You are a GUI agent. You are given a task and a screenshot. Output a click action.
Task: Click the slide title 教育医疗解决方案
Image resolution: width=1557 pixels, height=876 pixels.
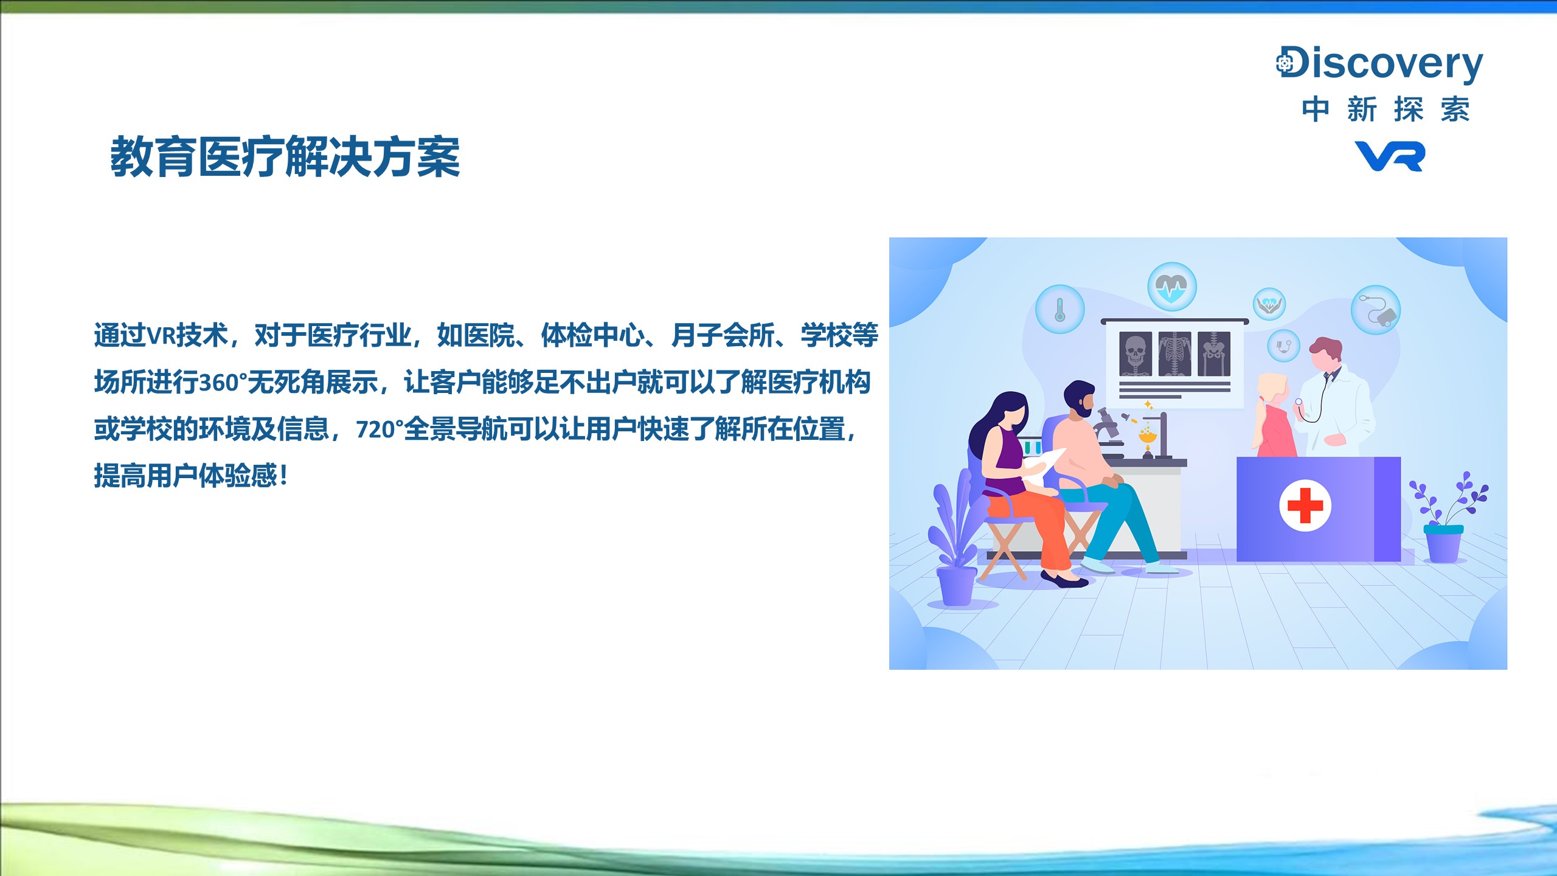[285, 157]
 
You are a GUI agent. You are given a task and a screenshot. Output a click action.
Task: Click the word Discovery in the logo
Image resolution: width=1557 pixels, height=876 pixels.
[1379, 63]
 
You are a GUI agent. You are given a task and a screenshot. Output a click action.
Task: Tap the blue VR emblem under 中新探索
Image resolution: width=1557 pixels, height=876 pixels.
[1390, 156]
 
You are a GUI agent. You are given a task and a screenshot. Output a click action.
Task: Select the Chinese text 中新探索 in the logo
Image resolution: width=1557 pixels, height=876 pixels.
[1385, 109]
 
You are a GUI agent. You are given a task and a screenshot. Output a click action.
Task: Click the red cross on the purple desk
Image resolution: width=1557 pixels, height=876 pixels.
[1305, 505]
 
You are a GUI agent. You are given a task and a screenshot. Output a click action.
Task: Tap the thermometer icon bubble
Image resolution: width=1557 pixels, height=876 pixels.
[1060, 309]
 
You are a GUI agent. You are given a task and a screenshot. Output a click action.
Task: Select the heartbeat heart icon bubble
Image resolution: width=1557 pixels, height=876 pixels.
[1172, 287]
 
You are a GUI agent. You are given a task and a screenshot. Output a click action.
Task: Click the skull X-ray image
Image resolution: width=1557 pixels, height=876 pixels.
[1136, 354]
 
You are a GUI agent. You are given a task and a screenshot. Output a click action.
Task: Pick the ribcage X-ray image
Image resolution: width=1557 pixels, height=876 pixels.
[1174, 354]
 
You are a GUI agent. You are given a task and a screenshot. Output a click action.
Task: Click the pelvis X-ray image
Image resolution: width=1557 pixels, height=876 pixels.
[1214, 354]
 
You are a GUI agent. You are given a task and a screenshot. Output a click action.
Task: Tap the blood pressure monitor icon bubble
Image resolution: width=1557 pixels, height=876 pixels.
[1376, 310]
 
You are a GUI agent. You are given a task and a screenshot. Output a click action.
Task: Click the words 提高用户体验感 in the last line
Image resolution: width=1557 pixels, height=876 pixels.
[186, 476]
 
